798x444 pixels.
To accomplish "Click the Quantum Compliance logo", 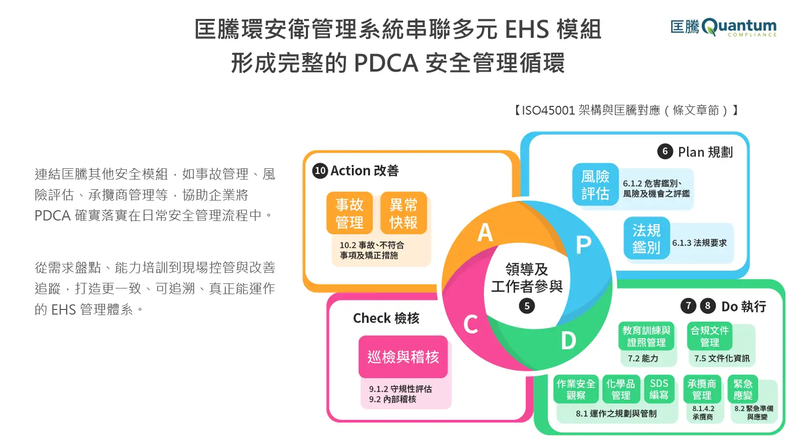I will click(723, 27).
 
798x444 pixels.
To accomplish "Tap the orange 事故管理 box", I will click(349, 213).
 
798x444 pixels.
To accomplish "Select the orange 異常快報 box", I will click(403, 213).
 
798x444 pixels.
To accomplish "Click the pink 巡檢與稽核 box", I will click(403, 357).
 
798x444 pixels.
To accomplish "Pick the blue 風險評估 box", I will click(595, 185).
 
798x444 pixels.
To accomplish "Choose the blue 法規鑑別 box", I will click(646, 238).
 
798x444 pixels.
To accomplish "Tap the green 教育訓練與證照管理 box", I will click(646, 336).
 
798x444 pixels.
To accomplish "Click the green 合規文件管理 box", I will click(710, 336).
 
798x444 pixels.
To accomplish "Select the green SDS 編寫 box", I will click(659, 389).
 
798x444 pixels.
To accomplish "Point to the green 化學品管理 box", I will click(620, 389).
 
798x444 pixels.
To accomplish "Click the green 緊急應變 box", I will click(742, 389).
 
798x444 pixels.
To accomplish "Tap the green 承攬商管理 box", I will click(702, 389).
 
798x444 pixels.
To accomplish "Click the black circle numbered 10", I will click(320, 170).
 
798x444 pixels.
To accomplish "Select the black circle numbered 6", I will click(664, 151).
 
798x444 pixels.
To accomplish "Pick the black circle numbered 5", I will click(527, 306).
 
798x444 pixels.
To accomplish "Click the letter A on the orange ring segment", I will click(485, 233).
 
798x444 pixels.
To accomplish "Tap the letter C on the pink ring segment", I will click(471, 324).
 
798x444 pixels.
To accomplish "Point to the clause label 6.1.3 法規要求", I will click(699, 243).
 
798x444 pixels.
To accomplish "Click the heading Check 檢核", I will click(386, 318).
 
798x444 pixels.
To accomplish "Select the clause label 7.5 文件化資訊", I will click(722, 358).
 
